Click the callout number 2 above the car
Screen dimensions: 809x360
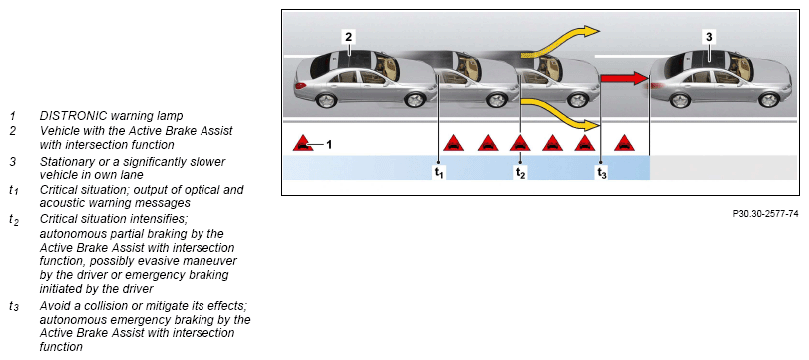pos(349,37)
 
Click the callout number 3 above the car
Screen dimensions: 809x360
pos(709,37)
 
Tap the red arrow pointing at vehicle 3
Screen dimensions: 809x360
pos(624,79)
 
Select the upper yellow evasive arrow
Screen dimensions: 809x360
pos(560,40)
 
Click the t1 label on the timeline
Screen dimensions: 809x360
pos(439,173)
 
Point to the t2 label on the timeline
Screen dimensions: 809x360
pos(520,173)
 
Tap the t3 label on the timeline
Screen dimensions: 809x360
pos(602,173)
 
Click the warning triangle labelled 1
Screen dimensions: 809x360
pos(303,143)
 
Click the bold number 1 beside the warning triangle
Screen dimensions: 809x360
pos(329,144)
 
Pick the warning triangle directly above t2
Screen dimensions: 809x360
pos(520,143)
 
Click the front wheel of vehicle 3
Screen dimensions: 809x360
pos(769,99)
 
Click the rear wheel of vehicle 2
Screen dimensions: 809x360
pos(326,100)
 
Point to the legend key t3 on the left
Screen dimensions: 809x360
pos(14,306)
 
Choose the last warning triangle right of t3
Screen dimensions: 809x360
pos(624,143)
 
